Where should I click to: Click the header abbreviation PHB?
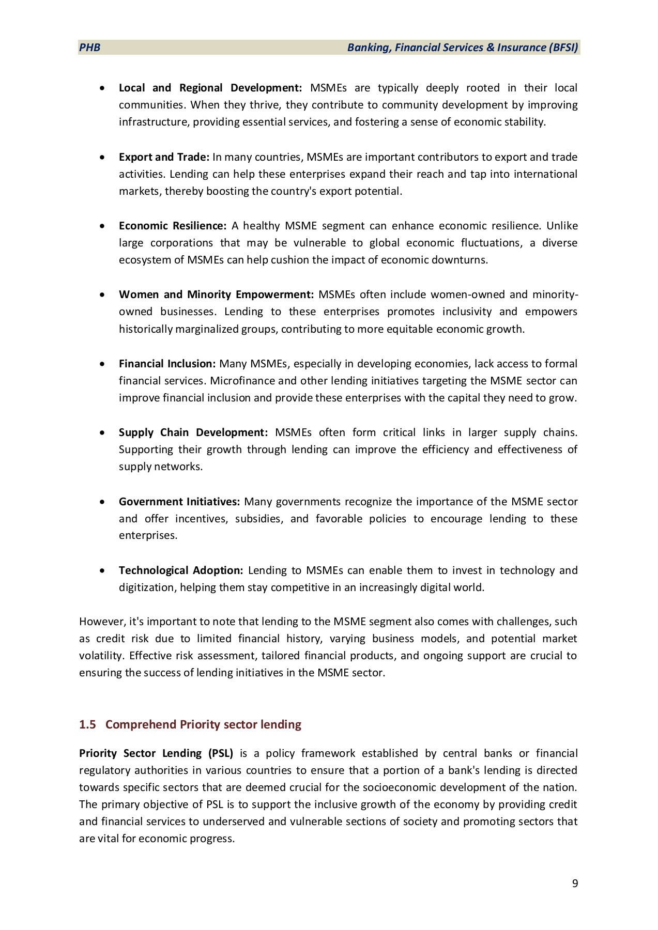point(89,48)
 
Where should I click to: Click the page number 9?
point(575,883)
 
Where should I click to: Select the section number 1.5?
point(87,724)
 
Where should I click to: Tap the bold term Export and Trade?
point(164,157)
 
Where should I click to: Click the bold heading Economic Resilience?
point(173,226)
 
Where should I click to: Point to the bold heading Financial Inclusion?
point(167,364)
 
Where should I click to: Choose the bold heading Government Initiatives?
point(179,502)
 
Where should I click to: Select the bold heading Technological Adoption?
point(181,570)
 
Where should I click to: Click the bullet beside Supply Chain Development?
point(103,433)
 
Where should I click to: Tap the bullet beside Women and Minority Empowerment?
point(103,295)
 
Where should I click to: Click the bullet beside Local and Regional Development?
point(103,88)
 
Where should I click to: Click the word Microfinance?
point(242,381)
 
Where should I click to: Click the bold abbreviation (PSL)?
point(221,753)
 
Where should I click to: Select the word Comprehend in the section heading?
point(141,724)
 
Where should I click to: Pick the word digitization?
point(146,587)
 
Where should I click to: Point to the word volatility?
point(101,656)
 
